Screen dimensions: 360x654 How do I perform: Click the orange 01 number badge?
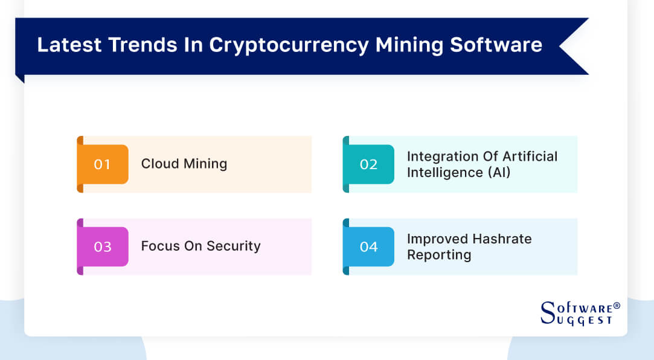[x=102, y=164]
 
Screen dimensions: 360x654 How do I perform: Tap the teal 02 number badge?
[x=368, y=164]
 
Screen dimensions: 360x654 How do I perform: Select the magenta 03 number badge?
[x=102, y=246]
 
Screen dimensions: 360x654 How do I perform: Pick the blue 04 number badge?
[x=368, y=246]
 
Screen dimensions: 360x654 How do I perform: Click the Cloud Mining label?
[x=184, y=164]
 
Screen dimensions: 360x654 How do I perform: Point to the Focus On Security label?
[x=200, y=246]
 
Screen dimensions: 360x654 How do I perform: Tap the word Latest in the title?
[x=67, y=45]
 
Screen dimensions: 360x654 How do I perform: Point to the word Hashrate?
[x=501, y=239]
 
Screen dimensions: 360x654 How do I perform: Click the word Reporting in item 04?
[x=438, y=255]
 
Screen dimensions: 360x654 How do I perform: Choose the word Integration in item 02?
[x=441, y=156]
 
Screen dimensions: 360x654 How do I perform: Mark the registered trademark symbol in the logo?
[x=616, y=306]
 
